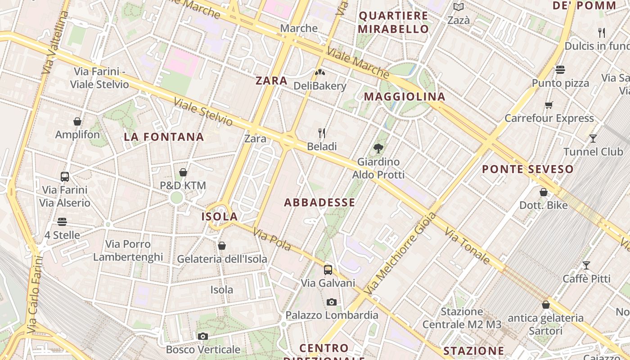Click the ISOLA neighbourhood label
(219, 216)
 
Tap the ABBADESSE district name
(319, 202)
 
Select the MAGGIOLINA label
(405, 96)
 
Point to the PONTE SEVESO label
(528, 169)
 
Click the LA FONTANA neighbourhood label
(164, 137)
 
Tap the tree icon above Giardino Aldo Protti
(378, 148)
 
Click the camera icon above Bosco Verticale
(203, 336)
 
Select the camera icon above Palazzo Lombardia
(332, 302)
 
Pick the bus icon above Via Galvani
(328, 270)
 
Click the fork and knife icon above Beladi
(322, 133)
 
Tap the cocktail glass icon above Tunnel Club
(593, 138)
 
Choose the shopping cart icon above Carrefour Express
(549, 105)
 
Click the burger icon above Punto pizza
(560, 70)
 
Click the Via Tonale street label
(467, 246)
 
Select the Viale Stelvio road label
(203, 112)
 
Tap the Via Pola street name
(272, 240)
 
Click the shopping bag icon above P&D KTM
(183, 172)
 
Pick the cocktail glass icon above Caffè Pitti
(586, 265)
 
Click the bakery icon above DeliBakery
(320, 72)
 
